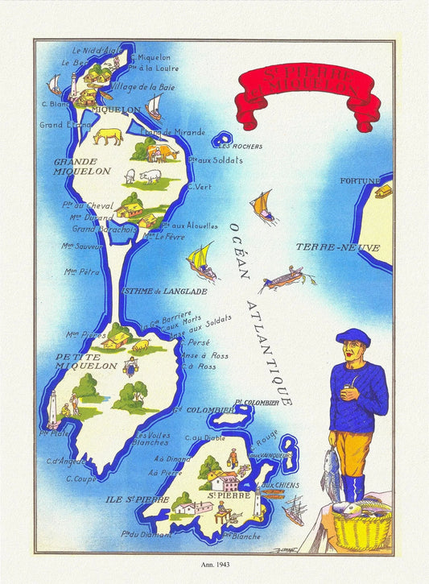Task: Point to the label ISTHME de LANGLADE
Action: coord(163,291)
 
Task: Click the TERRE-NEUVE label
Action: coord(337,247)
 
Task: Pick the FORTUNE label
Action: coord(358,180)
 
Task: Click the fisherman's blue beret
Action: coord(353,337)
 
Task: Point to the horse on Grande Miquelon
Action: coord(107,135)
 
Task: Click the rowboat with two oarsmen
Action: coord(283,278)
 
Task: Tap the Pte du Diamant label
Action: coord(138,532)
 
